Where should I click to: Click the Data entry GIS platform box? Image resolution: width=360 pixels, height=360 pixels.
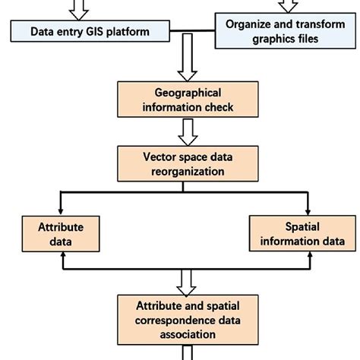click(x=89, y=32)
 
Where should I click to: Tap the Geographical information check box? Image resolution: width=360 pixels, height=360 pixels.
click(x=186, y=99)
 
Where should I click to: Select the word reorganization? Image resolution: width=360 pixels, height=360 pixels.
click(x=187, y=172)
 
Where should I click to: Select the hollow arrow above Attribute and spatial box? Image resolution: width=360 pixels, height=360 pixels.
click(x=186, y=282)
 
